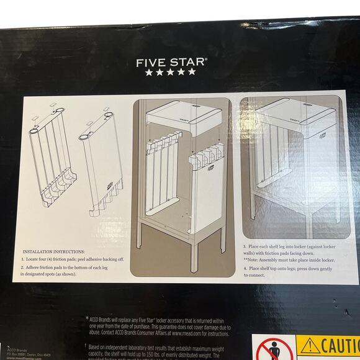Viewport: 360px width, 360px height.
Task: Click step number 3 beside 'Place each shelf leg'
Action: [244, 247]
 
